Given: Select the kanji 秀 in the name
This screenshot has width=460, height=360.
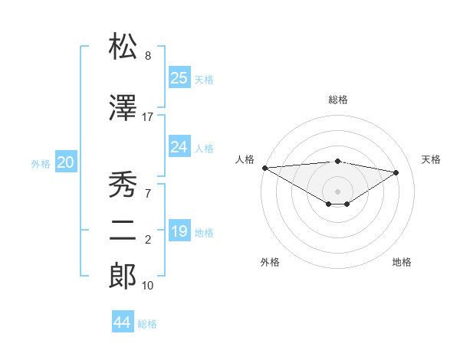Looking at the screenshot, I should [x=123, y=184].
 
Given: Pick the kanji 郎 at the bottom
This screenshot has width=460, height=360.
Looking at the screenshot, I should [x=123, y=276].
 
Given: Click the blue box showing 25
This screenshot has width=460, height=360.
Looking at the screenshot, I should [x=179, y=78].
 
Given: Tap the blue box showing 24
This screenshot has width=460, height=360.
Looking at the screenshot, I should [x=179, y=147].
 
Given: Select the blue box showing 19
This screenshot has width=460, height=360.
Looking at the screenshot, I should [x=179, y=231].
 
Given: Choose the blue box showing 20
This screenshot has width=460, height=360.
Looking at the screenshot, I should [x=66, y=162].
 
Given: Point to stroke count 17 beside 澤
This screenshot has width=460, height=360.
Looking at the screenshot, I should [x=148, y=116].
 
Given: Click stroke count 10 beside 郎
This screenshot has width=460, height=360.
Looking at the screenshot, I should [x=148, y=286].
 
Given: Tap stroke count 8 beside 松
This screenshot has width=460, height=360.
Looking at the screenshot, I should [x=148, y=56].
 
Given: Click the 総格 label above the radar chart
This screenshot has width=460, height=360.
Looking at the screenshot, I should [x=337, y=100].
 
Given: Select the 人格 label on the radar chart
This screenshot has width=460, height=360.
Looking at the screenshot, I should [x=245, y=159].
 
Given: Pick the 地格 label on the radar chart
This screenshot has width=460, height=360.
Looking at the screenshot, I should [x=402, y=262].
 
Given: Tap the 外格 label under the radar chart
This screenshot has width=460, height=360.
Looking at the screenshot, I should [x=270, y=262].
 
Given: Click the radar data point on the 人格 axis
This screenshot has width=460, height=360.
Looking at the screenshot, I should [x=264, y=167].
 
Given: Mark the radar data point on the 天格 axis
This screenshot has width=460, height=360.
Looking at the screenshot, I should [x=396, y=172].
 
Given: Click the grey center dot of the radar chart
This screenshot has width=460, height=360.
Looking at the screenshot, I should [x=337, y=191].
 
